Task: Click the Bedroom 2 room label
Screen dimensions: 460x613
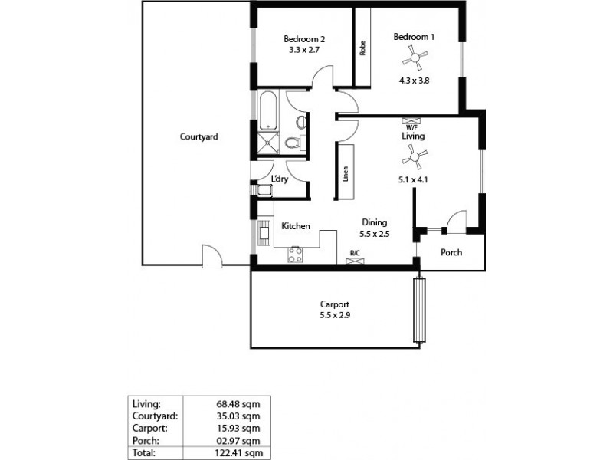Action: click(x=305, y=40)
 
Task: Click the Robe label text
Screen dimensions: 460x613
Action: click(x=362, y=48)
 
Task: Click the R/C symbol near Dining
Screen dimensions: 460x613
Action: click(x=356, y=261)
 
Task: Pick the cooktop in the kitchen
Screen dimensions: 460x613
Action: click(x=295, y=255)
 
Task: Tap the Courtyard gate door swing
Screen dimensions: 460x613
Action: click(x=211, y=255)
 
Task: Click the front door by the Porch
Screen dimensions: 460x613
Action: click(x=457, y=222)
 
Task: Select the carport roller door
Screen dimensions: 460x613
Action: click(x=419, y=310)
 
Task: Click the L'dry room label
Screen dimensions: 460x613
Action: click(x=280, y=179)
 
